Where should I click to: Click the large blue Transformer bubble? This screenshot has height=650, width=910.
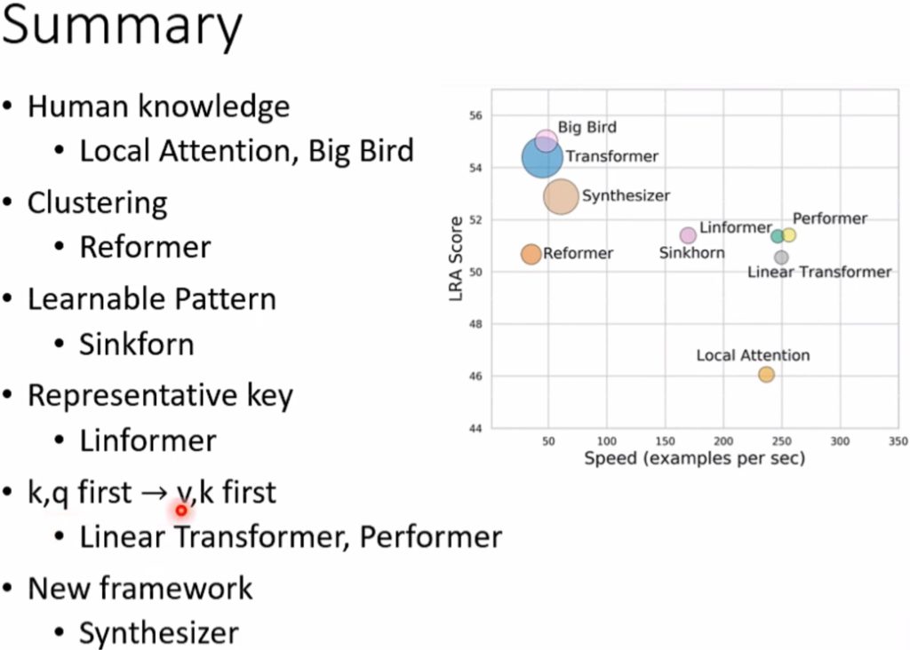(543, 157)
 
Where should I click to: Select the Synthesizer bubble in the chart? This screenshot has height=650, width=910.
(561, 196)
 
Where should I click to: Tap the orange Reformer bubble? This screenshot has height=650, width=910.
(531, 254)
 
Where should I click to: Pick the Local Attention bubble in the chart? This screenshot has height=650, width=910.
(767, 375)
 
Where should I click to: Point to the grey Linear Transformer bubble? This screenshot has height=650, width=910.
(781, 258)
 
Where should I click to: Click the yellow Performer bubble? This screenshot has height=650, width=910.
(789, 234)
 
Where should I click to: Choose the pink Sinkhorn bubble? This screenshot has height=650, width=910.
(688, 235)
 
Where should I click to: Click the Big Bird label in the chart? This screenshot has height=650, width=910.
(587, 127)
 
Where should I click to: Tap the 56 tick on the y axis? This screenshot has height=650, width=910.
(476, 116)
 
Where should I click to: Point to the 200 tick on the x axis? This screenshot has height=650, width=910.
(723, 441)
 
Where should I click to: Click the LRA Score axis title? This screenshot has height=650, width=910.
(456, 258)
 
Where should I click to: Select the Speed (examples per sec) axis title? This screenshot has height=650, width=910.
(695, 458)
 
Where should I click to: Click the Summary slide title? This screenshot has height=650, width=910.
(122, 27)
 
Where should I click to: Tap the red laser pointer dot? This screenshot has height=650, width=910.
(181, 511)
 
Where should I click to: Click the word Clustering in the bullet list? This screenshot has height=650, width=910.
(98, 203)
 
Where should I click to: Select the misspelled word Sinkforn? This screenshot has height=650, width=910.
(136, 344)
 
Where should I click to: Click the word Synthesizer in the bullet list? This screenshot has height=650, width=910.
(159, 632)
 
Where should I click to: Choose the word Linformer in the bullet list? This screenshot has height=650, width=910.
(148, 440)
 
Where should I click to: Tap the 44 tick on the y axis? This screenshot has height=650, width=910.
(476, 429)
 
